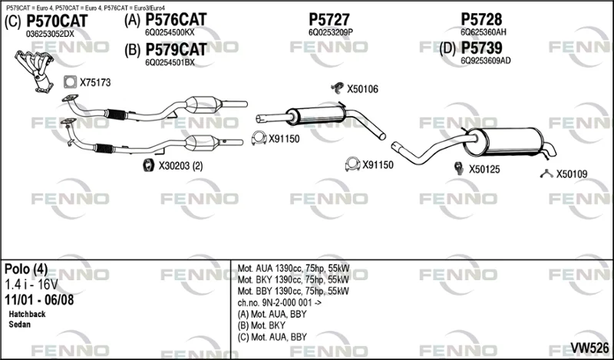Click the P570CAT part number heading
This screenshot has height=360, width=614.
point(57,21)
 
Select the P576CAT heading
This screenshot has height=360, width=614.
point(176,20)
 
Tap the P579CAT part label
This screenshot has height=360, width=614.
point(176,50)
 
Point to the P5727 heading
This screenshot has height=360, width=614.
point(329,20)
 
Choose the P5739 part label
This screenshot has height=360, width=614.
point(481,48)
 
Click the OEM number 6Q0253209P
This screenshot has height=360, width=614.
point(331,32)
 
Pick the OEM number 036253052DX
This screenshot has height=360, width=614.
point(50,34)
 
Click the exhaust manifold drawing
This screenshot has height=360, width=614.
point(35,71)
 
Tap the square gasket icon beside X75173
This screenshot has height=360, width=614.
point(70,82)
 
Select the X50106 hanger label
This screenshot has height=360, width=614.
point(362,89)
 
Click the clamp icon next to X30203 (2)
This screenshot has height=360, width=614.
point(148,165)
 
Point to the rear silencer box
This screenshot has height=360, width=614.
point(504,141)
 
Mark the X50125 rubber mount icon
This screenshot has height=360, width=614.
point(458,168)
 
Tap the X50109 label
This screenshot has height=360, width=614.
point(572,174)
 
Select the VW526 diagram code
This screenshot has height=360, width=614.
point(589,348)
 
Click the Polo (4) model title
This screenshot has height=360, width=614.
point(26,269)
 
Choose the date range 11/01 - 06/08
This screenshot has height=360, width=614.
point(39,299)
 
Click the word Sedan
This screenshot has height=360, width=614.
point(20,325)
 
